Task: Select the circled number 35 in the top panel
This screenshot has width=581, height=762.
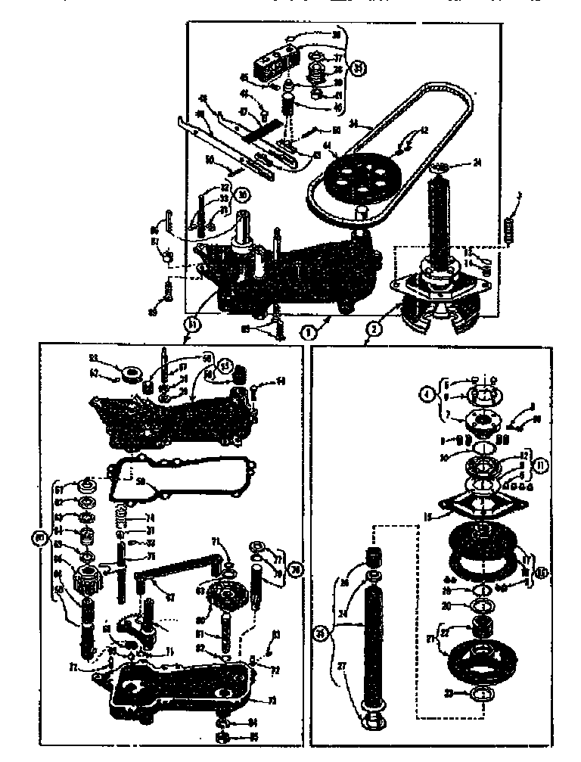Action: [359, 67]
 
